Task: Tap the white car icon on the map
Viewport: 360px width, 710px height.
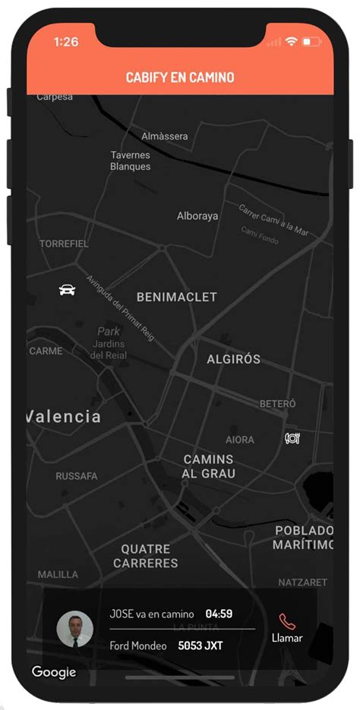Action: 67,289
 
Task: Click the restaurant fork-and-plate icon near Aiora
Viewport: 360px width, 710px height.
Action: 292,438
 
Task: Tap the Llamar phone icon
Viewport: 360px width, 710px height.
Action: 287,621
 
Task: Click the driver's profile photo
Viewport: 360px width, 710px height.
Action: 75,629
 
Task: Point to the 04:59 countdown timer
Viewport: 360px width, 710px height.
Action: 219,614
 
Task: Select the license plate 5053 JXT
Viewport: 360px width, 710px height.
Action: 201,646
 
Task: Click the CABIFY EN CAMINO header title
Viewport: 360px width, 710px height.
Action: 180,77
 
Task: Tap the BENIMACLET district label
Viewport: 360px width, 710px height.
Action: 177,297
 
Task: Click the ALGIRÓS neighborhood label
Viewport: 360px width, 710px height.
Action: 234,359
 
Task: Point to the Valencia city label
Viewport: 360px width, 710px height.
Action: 64,416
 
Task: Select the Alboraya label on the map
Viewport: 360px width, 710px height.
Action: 197,216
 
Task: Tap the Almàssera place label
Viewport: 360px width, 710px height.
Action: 165,136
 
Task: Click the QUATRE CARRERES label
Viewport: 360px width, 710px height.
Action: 146,556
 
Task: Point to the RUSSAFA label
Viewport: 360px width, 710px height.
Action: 77,476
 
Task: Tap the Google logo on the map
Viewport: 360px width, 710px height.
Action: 54,672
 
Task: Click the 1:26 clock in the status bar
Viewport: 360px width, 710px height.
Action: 66,43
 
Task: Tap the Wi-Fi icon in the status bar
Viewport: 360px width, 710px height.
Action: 291,43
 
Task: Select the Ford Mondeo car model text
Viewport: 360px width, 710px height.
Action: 138,646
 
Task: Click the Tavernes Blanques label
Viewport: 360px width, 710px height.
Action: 131,160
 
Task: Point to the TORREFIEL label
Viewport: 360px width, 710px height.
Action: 64,244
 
